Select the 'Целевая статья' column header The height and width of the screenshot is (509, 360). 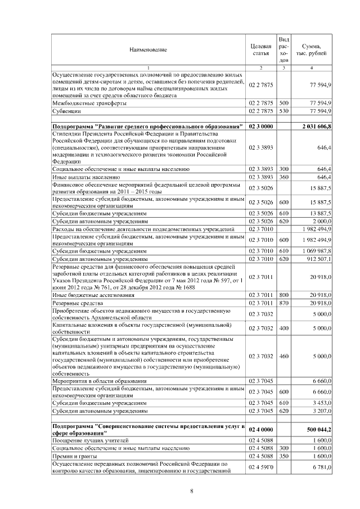point(260,50)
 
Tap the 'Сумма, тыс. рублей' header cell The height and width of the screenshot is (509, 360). point(312,50)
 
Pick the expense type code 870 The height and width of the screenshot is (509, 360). point(283,303)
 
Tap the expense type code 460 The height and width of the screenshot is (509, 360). point(283,356)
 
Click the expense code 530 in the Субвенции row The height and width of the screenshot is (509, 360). point(283,112)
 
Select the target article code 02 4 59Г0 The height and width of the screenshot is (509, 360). point(260,467)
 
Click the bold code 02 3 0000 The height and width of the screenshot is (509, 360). point(260,127)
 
